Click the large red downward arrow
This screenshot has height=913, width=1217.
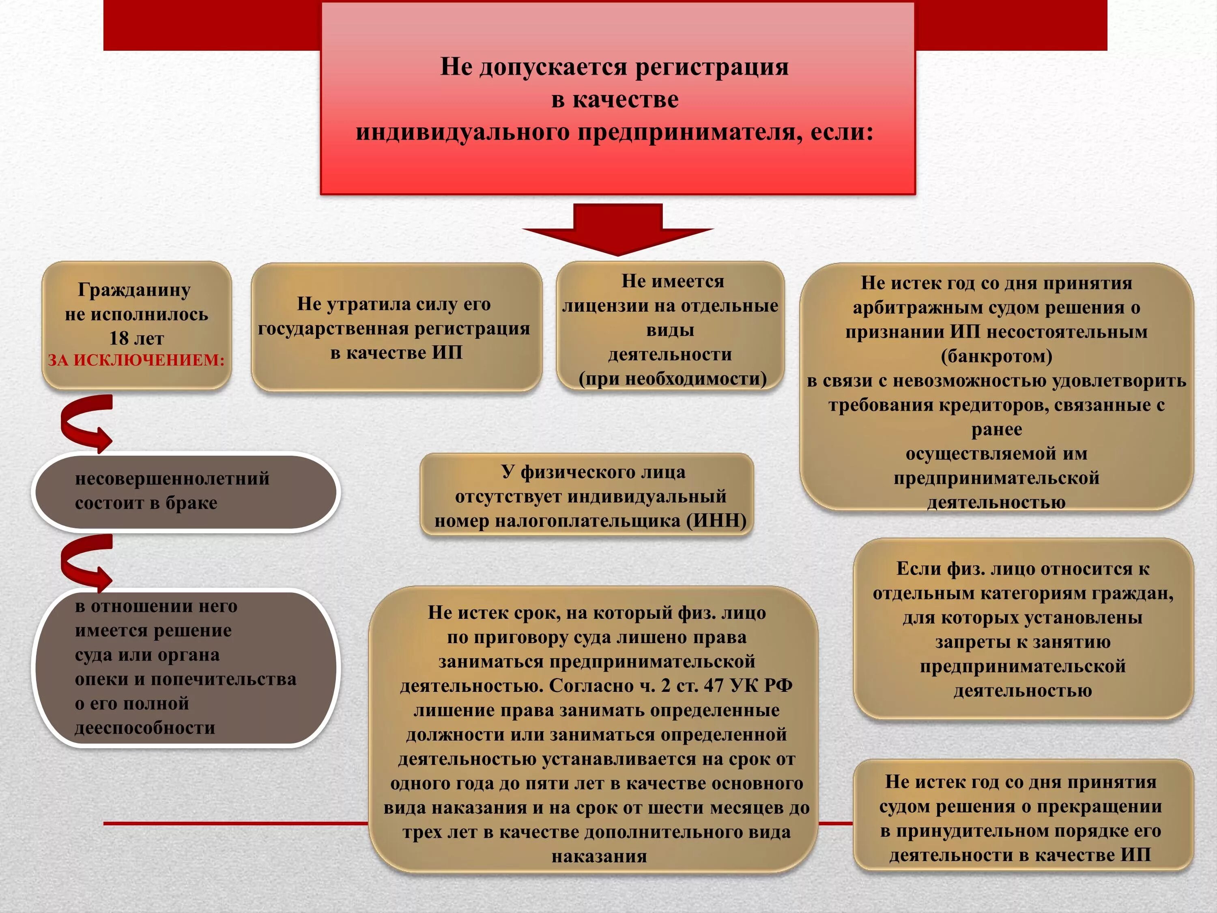(617, 228)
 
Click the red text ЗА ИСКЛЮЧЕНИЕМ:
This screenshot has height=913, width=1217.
(136, 360)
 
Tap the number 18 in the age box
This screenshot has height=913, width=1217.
(119, 338)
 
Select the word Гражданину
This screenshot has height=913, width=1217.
(134, 289)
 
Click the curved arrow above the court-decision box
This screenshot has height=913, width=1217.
(86, 562)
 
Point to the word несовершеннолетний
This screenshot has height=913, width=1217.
(172, 479)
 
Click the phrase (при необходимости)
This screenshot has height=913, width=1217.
(672, 379)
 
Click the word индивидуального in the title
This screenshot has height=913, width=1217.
(462, 133)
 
